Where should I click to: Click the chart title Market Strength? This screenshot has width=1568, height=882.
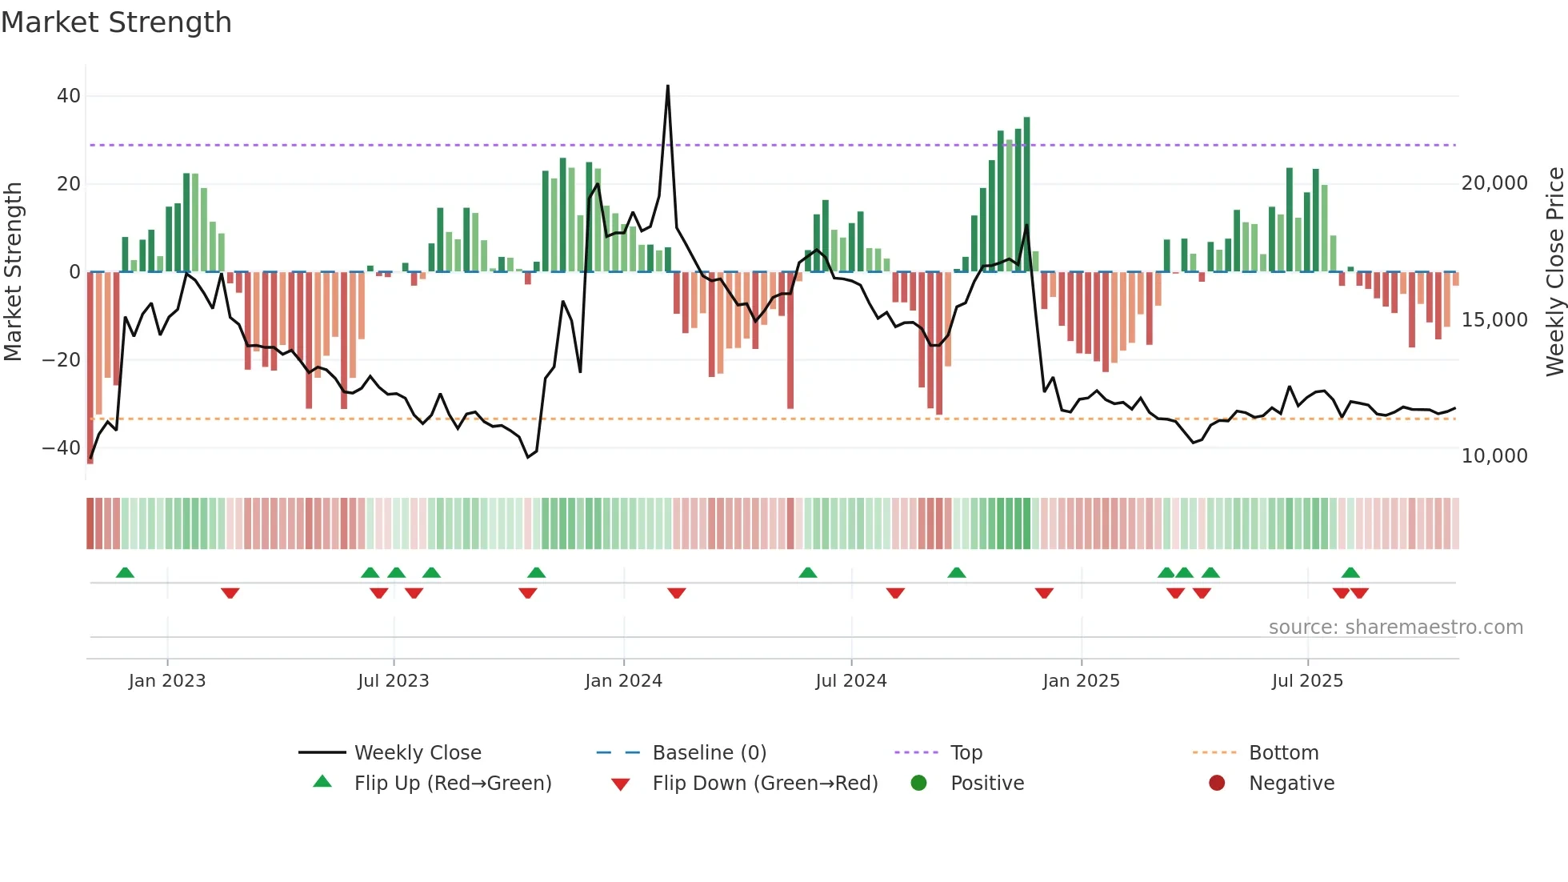pyautogui.click(x=116, y=22)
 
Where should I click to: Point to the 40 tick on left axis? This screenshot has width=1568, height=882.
pyautogui.click(x=69, y=96)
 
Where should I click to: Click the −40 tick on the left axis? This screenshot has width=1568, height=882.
pyautogui.click(x=62, y=448)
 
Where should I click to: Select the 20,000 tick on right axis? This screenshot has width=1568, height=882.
pyautogui.click(x=1494, y=183)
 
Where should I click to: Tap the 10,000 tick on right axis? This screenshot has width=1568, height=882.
pyautogui.click(x=1494, y=456)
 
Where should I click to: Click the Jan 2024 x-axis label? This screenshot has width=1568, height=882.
pyautogui.click(x=623, y=681)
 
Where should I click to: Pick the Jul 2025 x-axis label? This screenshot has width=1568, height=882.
pyautogui.click(x=1307, y=681)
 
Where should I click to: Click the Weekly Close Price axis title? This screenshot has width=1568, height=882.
pyautogui.click(x=1554, y=272)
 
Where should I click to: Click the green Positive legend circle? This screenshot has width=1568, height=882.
pyautogui.click(x=918, y=783)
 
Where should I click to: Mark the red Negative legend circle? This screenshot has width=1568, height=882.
pyautogui.click(x=1217, y=783)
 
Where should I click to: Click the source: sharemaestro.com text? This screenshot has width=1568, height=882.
pyautogui.click(x=1395, y=627)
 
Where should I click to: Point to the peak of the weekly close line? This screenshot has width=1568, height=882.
pyautogui.click(x=668, y=86)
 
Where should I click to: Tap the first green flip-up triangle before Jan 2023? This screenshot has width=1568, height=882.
pyautogui.click(x=125, y=572)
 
